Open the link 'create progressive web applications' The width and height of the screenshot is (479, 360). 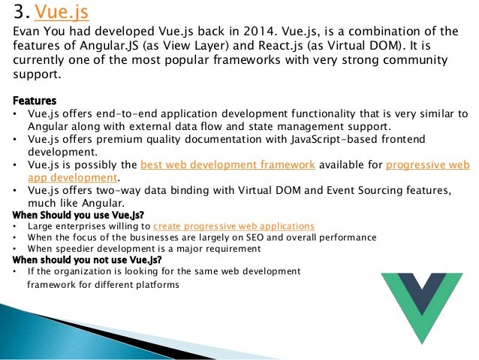point(233,226)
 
